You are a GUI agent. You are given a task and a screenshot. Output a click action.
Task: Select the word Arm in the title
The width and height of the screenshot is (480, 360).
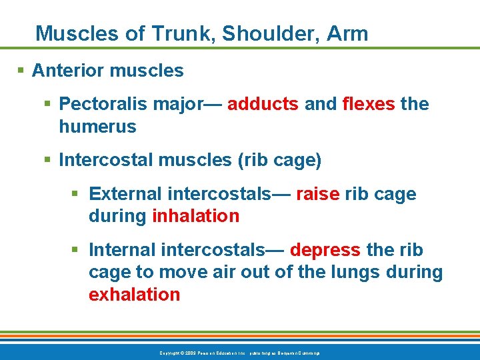point(347,33)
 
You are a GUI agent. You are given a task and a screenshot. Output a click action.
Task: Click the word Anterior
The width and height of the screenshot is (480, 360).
point(67,70)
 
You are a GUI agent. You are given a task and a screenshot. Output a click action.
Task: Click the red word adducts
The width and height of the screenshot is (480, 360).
point(263,104)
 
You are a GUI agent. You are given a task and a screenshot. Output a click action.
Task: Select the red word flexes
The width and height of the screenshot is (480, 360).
point(369,104)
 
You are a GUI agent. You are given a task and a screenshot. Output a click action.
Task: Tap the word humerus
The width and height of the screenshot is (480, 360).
point(97,127)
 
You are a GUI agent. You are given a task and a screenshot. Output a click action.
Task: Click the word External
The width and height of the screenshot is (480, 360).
point(125,194)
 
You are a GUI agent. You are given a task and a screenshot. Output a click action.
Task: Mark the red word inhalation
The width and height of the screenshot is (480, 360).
point(195,216)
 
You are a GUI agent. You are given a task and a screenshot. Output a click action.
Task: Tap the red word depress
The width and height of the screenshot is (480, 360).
point(325,250)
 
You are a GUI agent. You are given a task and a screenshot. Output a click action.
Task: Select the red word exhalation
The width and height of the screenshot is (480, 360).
point(134,295)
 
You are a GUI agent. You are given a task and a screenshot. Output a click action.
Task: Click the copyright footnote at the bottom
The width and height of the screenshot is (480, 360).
point(239,352)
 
